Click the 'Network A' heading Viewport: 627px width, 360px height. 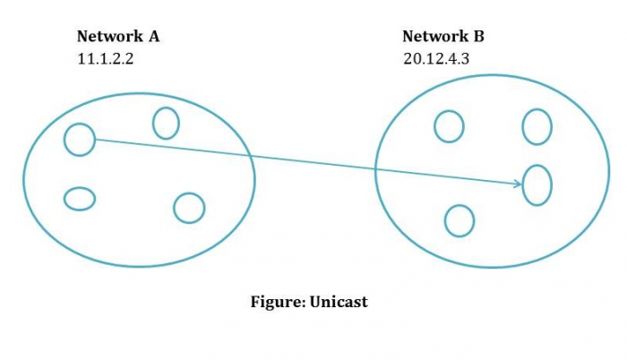pyautogui.click(x=118, y=37)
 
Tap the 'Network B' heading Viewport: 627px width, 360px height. pyautogui.click(x=444, y=37)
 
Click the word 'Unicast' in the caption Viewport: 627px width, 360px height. pyautogui.click(x=339, y=301)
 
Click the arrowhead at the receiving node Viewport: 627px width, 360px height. pyautogui.click(x=520, y=184)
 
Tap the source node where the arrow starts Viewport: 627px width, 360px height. pyautogui.click(x=80, y=139)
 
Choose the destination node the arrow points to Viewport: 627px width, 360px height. pyautogui.click(x=537, y=184)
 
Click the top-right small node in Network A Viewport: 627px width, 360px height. pyautogui.click(x=166, y=123)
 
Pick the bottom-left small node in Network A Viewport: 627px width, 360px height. pyautogui.click(x=80, y=198)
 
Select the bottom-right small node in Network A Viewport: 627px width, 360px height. pyautogui.click(x=189, y=208)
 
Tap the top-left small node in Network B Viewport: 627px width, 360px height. pyautogui.click(x=449, y=126)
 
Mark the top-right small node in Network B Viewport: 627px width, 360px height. pyautogui.click(x=537, y=126)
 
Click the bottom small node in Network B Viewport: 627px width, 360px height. pyautogui.click(x=460, y=220)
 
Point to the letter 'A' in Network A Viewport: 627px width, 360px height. pyautogui.click(x=154, y=37)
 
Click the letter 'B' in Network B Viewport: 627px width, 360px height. pyautogui.click(x=480, y=37)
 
